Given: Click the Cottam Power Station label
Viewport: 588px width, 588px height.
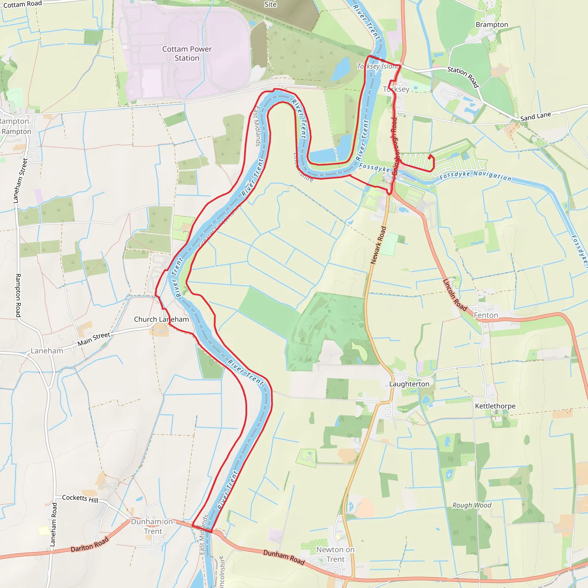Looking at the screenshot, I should pyautogui.click(x=187, y=54).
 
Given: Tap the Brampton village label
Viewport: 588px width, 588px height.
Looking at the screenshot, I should pyautogui.click(x=492, y=25).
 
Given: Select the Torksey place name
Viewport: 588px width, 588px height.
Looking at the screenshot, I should pyautogui.click(x=396, y=89).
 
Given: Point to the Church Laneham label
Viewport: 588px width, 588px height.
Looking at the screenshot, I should pyautogui.click(x=161, y=319).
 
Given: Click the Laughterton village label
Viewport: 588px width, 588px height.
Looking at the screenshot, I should pyautogui.click(x=409, y=384).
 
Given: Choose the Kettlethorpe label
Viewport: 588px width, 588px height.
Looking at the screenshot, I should pyautogui.click(x=495, y=406).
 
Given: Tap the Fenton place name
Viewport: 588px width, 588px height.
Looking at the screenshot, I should pyautogui.click(x=486, y=315).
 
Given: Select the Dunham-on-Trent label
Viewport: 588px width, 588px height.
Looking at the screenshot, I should pyautogui.click(x=153, y=527).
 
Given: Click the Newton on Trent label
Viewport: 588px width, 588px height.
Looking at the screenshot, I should pyautogui.click(x=335, y=554).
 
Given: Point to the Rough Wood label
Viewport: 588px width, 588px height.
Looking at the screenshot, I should pyautogui.click(x=472, y=505).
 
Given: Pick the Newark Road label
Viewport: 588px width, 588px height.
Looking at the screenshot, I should pyautogui.click(x=378, y=245).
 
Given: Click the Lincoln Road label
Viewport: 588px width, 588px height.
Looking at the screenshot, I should pyautogui.click(x=454, y=295).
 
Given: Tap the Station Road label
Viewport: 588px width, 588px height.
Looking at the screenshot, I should pyautogui.click(x=463, y=77).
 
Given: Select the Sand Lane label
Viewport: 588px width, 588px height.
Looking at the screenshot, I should pyautogui.click(x=536, y=117).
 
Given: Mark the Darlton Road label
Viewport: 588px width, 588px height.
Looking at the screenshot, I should pyautogui.click(x=90, y=544).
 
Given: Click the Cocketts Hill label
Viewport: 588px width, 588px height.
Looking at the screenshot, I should pyautogui.click(x=80, y=499).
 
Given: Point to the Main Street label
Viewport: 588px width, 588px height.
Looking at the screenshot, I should pyautogui.click(x=94, y=339).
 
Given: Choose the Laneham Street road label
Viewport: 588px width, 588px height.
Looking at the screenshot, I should pyautogui.click(x=20, y=181).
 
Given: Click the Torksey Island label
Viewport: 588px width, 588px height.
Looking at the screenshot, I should pyautogui.click(x=378, y=66).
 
